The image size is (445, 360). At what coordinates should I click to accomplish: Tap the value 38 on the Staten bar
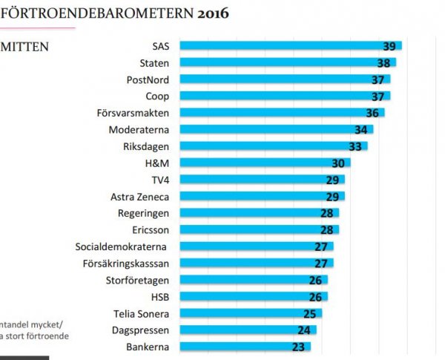(x=383, y=63)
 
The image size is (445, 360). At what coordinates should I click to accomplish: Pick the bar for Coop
(x=282, y=96)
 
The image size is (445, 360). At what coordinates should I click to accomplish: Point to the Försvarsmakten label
(x=137, y=113)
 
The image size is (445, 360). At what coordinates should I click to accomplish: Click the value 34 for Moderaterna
(x=361, y=130)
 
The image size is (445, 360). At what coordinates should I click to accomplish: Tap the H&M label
(x=160, y=163)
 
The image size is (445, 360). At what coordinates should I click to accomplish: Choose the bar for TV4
(x=260, y=180)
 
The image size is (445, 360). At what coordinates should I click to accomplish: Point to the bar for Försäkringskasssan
(x=252, y=264)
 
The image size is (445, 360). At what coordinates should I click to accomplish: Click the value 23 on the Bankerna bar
(x=300, y=347)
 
